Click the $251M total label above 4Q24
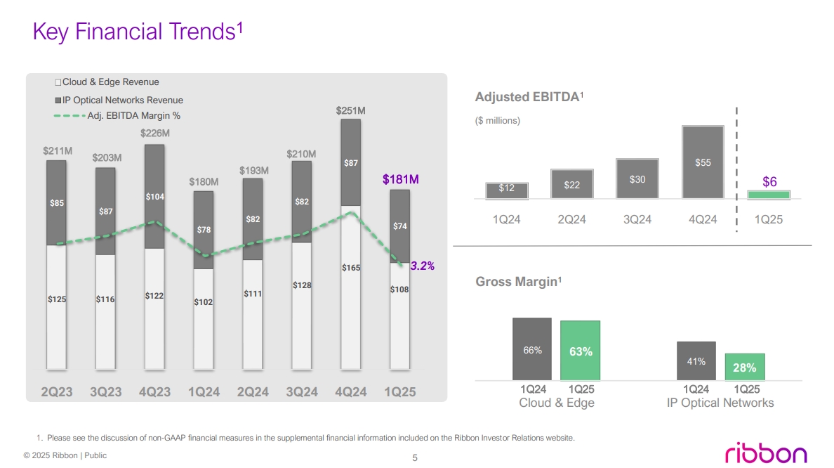tap(350, 110)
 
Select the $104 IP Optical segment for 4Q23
tap(154, 197)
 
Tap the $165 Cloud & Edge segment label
tap(351, 268)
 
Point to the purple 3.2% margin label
tap(422, 266)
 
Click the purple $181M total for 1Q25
tap(400, 180)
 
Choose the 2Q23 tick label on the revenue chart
tap(56, 392)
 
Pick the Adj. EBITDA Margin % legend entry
tap(117, 115)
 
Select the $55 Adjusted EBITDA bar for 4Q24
tap(703, 162)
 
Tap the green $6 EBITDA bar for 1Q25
tap(769, 195)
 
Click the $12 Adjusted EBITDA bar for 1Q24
tap(506, 190)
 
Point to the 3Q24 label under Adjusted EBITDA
tap(637, 219)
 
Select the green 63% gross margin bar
tap(581, 351)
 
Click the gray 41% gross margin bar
tap(696, 361)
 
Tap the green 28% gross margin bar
tap(744, 367)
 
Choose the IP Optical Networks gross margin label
tap(720, 403)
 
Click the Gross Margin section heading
tap(519, 282)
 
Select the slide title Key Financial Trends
tap(138, 31)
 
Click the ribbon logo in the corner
tap(765, 453)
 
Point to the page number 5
tap(415, 458)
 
